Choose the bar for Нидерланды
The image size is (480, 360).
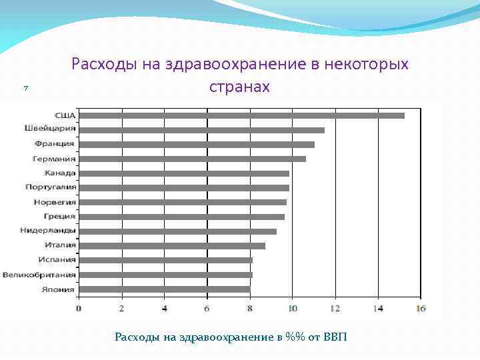177,231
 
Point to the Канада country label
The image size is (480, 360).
60,173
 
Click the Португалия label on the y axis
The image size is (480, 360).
51,187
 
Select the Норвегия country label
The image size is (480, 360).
55,202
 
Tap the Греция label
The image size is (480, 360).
59,217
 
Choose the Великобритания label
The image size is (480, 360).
39,275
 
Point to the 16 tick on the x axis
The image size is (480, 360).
421,309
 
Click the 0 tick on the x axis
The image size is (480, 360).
79,309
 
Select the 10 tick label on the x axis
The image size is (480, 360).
292,309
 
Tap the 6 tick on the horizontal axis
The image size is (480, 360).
207,309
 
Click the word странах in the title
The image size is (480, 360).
239,87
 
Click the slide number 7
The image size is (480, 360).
24,88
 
